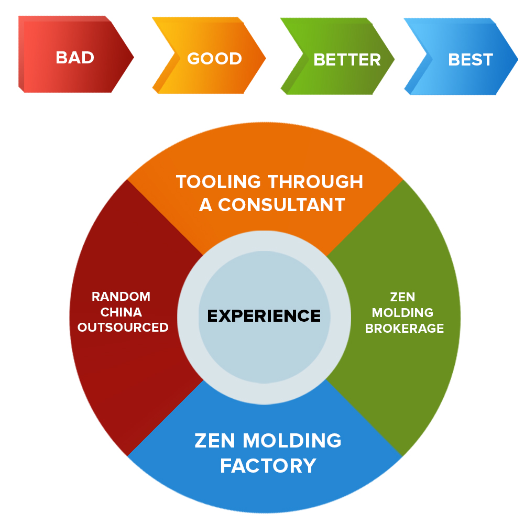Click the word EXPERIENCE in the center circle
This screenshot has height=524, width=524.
coord(264,316)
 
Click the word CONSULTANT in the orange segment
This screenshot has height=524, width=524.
coord(282,204)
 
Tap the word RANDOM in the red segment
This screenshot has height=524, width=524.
coord(121,297)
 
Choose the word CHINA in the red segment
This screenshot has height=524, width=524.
coord(121,312)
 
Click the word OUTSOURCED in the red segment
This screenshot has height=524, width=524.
coord(123,328)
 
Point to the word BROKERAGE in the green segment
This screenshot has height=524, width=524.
coord(405,329)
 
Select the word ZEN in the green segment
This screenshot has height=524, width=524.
coord(403,297)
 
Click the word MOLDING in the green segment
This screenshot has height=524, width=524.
coord(403,313)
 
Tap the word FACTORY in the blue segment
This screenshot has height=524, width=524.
coord(268,465)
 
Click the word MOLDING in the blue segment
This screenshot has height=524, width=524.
coord(291,441)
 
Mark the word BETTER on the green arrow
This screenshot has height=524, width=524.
coord(347,60)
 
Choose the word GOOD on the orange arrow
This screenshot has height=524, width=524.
coord(214,58)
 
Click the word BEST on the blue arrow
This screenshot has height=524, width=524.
coord(471,60)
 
